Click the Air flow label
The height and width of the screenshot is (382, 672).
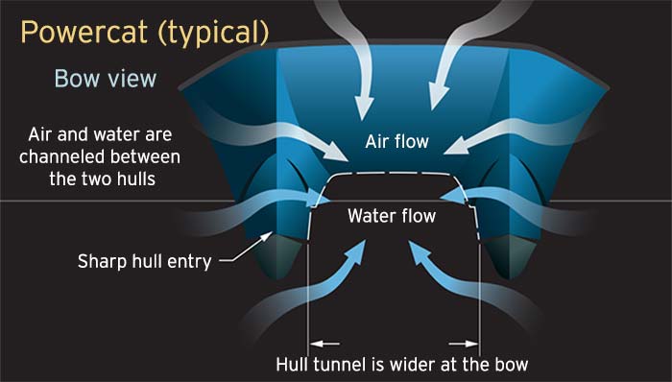[396, 142]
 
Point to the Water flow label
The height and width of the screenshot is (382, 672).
[391, 216]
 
